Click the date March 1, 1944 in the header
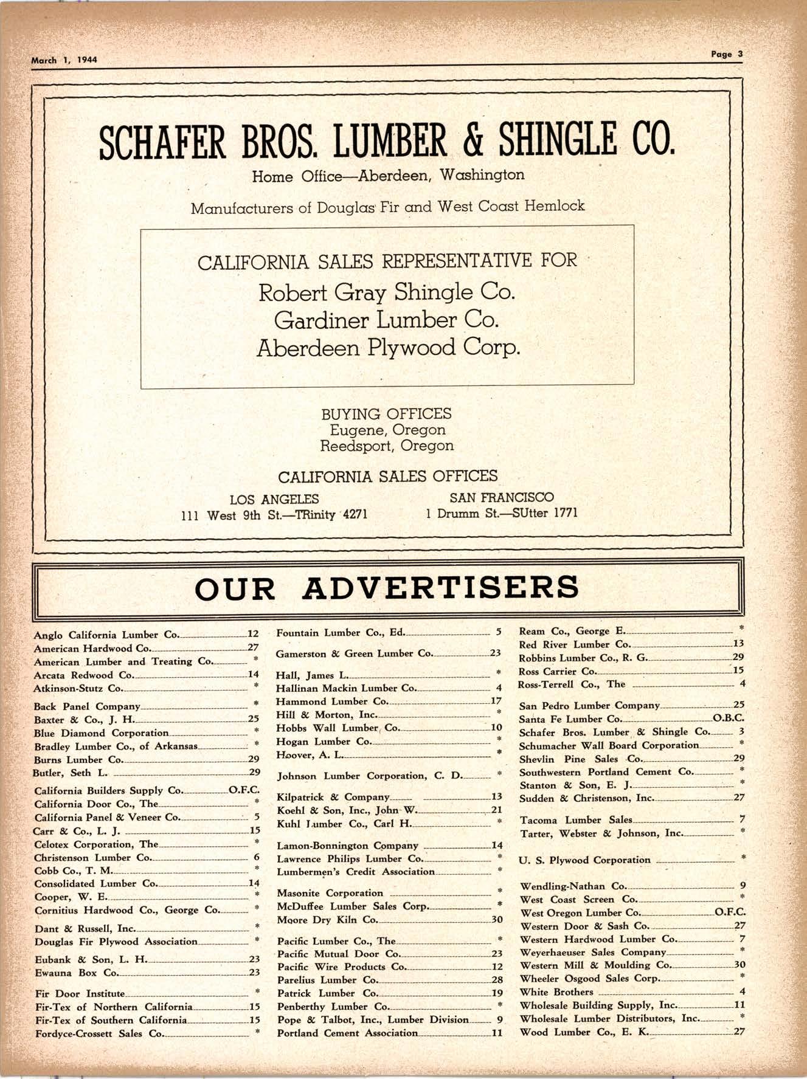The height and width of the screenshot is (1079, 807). [x=64, y=60]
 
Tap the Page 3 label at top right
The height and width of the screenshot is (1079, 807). [x=727, y=53]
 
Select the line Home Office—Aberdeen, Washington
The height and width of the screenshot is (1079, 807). [x=388, y=176]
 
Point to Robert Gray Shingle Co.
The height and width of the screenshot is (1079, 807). [x=387, y=293]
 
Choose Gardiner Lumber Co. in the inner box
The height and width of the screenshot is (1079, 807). [x=387, y=320]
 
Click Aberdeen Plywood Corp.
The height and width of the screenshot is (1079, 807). [x=388, y=348]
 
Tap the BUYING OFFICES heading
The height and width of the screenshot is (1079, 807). [x=386, y=414]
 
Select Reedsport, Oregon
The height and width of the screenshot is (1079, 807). [x=387, y=446]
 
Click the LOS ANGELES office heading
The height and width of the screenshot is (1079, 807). [x=274, y=500]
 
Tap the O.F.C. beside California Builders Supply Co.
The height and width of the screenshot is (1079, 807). [x=244, y=790]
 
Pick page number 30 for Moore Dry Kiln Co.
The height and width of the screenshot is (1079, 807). [x=497, y=920]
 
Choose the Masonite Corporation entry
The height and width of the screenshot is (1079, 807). [x=330, y=893]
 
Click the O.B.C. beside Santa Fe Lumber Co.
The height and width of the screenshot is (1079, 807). [x=729, y=719]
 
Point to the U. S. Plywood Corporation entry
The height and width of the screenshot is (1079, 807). [x=584, y=860]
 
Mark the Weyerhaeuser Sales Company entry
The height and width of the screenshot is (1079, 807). [x=593, y=952]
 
